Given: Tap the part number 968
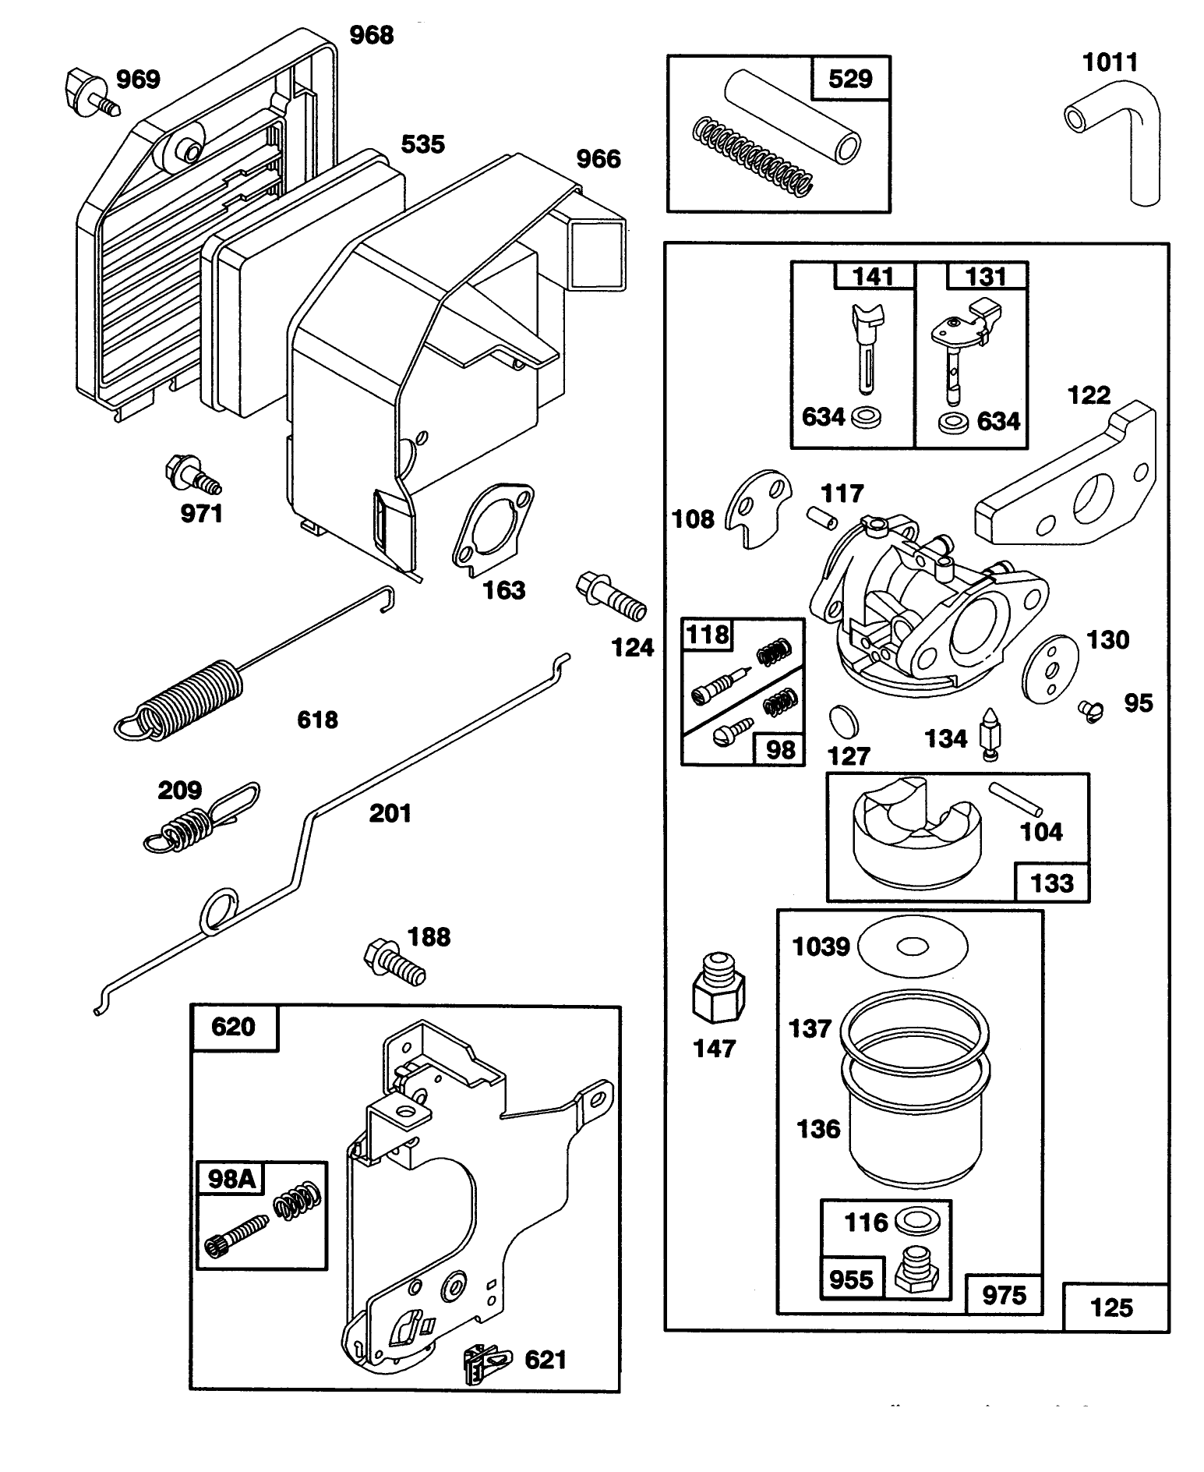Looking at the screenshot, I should pyautogui.click(x=371, y=35).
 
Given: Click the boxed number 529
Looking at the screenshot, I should pyautogui.click(x=850, y=79).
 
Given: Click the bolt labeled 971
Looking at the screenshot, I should pyautogui.click(x=191, y=476).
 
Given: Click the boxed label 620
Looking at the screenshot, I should pyautogui.click(x=233, y=1027).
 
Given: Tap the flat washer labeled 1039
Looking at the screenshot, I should pyautogui.click(x=912, y=947).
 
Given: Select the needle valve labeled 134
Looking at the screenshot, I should pyautogui.click(x=987, y=733).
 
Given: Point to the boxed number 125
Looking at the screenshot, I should pyautogui.click(x=1111, y=1307).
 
